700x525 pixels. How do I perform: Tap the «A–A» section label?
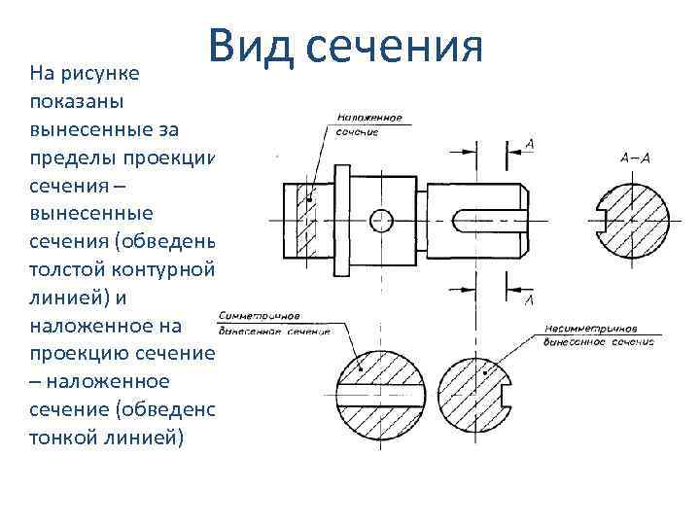coord(635,157)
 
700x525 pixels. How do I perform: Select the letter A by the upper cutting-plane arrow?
coord(529,145)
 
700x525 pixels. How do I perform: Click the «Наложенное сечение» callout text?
coord(368,125)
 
